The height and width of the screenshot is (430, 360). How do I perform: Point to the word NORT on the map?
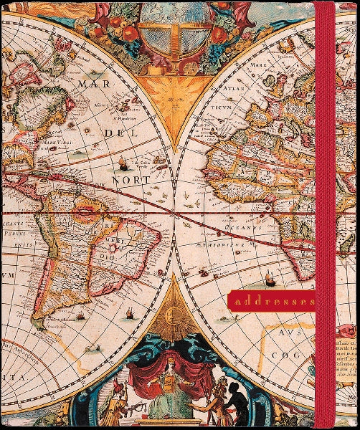134,179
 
